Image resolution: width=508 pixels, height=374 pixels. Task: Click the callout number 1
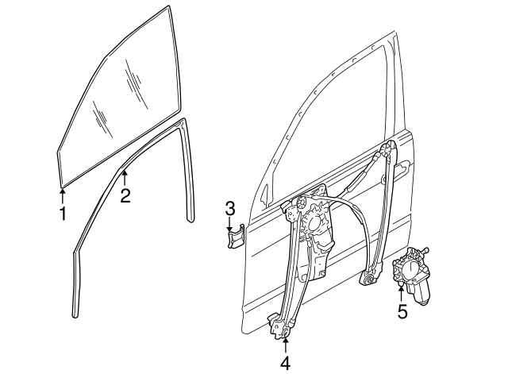point(62,213)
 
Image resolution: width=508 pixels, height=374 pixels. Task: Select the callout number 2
point(125,195)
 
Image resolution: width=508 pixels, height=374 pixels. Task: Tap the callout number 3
point(229,209)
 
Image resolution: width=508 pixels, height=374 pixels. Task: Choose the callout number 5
point(402,311)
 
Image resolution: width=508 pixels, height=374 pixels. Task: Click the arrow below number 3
point(229,226)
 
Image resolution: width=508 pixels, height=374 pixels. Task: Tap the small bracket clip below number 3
point(235,238)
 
